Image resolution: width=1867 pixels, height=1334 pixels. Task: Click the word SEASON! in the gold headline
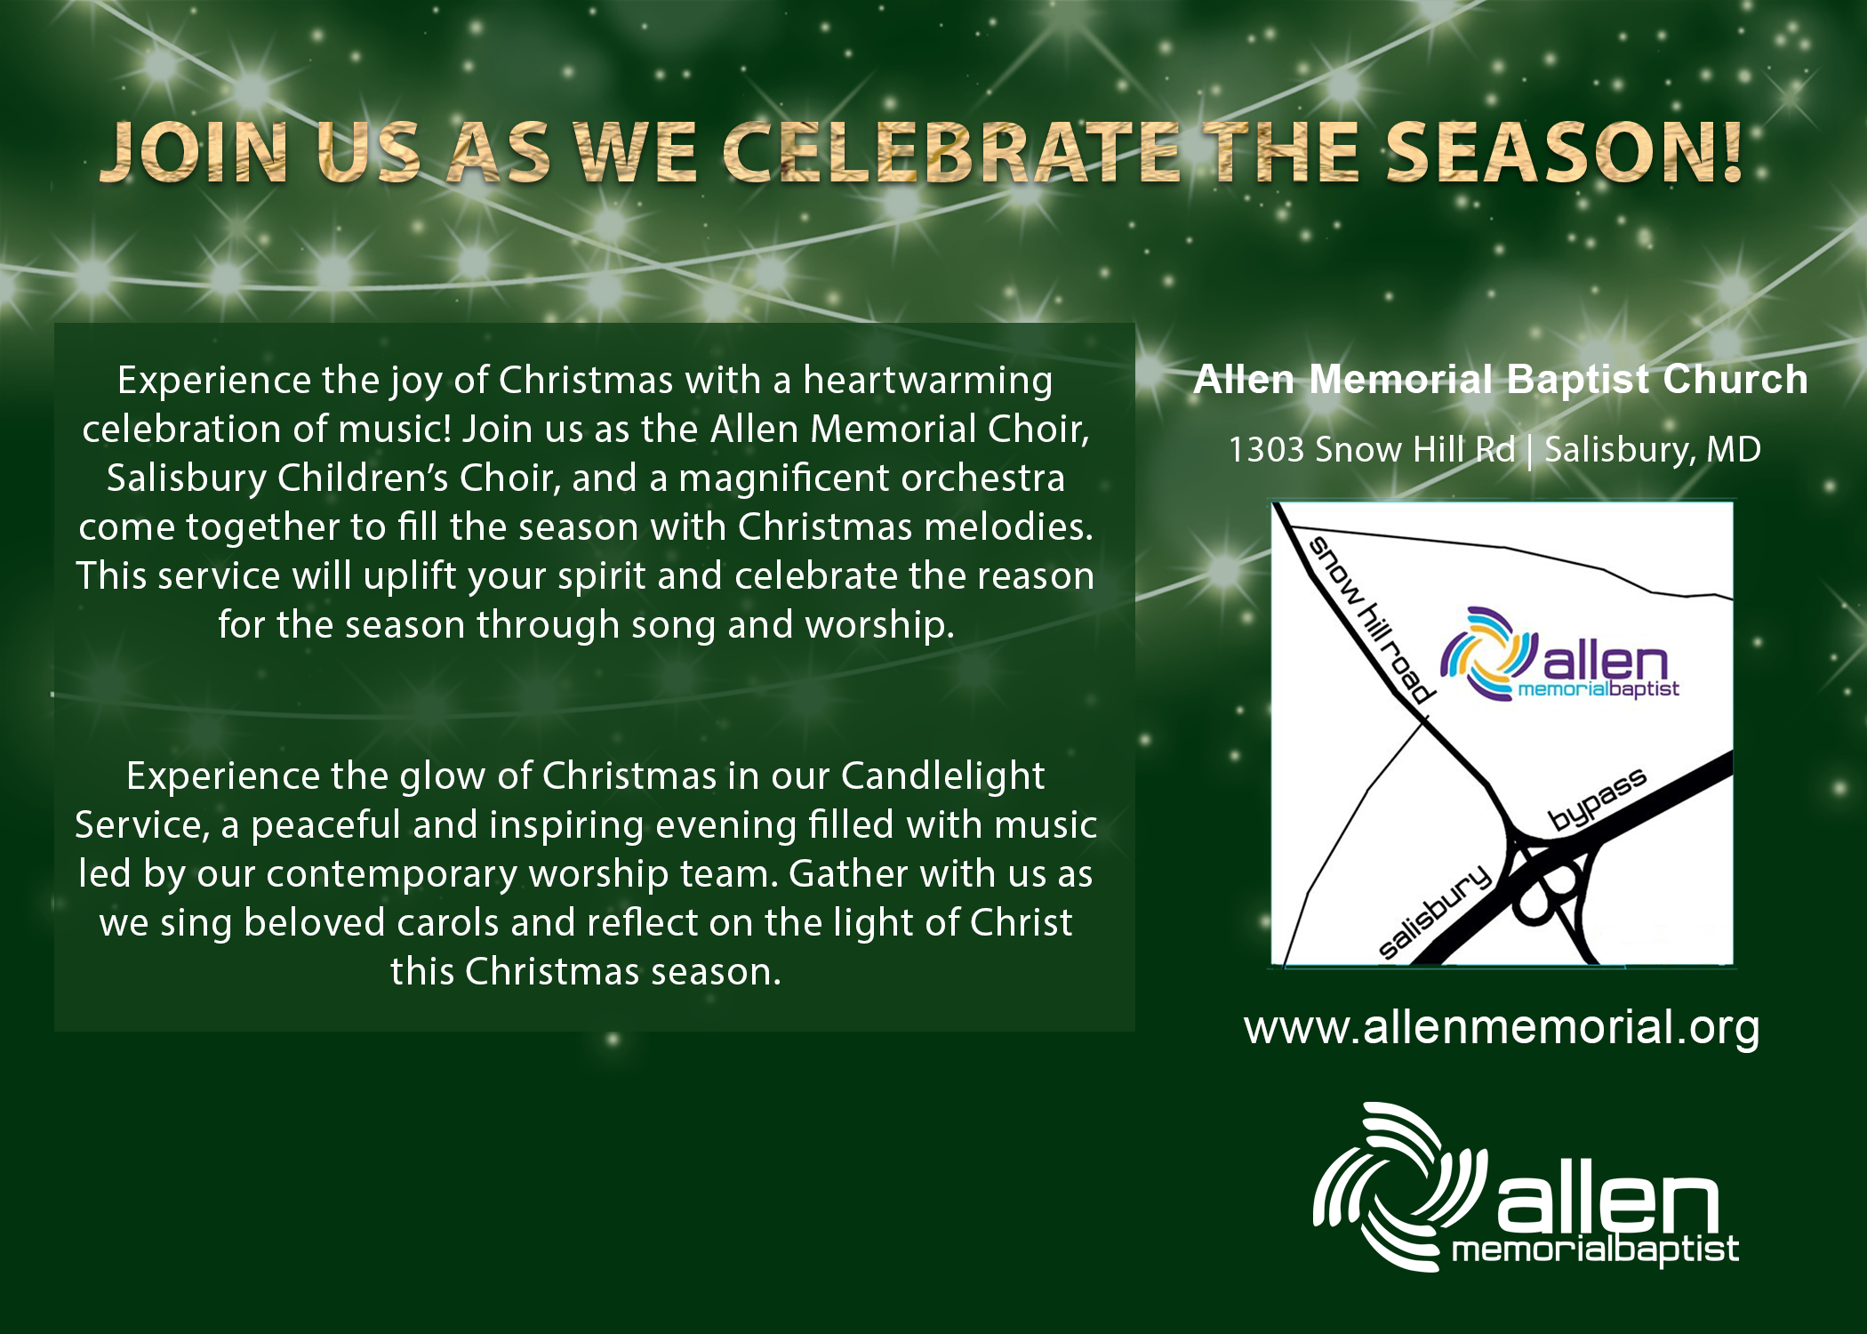[1563, 152]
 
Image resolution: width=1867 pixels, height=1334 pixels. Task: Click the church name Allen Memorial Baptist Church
[1501, 380]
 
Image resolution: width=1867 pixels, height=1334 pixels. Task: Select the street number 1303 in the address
[1267, 450]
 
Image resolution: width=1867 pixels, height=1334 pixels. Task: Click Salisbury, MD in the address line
[1653, 451]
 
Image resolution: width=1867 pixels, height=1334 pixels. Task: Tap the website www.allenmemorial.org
[1502, 1028]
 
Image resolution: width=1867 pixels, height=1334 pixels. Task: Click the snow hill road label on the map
[1372, 620]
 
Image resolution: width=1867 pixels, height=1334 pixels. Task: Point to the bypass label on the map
[1598, 799]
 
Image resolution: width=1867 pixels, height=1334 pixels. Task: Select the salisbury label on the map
[1434, 912]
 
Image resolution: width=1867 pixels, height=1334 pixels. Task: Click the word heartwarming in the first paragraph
[928, 381]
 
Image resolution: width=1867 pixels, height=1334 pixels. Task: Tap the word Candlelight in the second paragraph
[942, 776]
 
